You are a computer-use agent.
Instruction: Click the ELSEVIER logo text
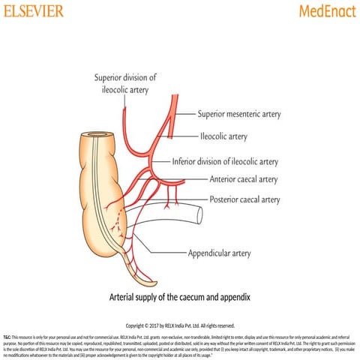(x=33, y=10)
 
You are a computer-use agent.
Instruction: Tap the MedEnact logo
(x=326, y=11)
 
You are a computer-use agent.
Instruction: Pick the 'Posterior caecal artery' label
(x=244, y=199)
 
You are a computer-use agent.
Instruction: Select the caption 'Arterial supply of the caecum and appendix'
(x=179, y=298)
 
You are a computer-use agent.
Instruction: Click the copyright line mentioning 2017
(x=180, y=325)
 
